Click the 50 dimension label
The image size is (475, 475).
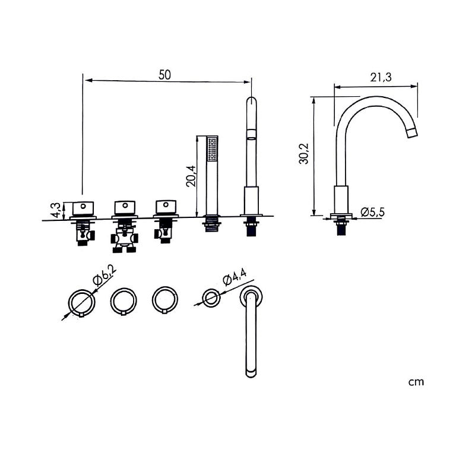[164, 75]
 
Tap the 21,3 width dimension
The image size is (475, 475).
[381, 77]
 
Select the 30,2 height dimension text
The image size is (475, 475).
[303, 154]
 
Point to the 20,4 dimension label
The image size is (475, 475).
[191, 176]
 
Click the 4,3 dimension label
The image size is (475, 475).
[56, 210]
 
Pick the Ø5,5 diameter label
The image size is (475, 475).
[373, 212]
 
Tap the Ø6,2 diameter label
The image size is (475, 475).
[105, 275]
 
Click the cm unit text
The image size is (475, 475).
[416, 382]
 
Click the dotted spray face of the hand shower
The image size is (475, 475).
[212, 149]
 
